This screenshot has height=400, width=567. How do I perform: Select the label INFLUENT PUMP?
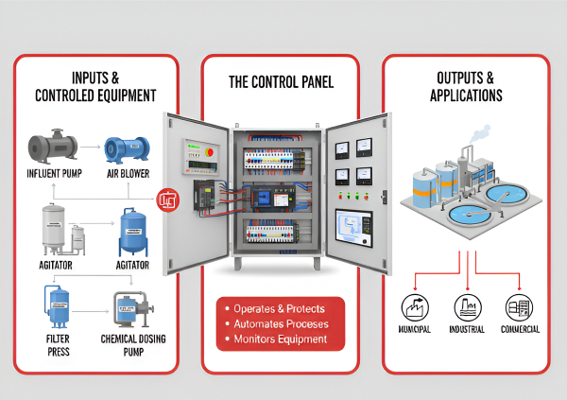[x=51, y=174]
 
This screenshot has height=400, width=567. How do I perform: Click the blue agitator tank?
[x=132, y=233]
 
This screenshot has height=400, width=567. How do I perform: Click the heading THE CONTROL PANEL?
[x=281, y=82]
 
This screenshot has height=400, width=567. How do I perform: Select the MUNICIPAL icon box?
[x=413, y=305]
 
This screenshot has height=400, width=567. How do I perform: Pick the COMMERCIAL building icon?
[x=518, y=305]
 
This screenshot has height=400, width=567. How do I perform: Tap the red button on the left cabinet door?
[x=210, y=148]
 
